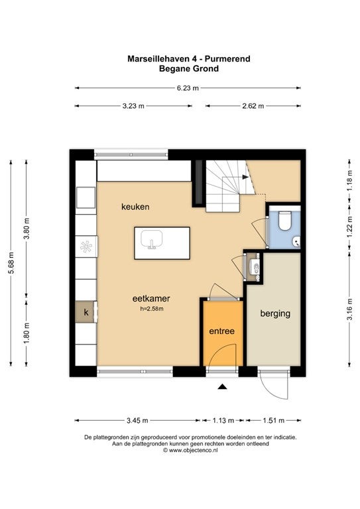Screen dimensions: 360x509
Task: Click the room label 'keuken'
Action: click(x=135, y=207)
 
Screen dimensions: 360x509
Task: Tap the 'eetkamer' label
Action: click(x=151, y=298)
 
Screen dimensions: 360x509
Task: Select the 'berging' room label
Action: click(x=275, y=313)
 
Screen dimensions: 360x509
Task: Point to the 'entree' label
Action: click(x=221, y=331)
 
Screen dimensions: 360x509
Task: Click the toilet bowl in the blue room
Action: click(x=284, y=221)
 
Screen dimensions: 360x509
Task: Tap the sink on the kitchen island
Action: click(x=152, y=239)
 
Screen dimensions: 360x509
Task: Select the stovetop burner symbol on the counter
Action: click(x=86, y=247)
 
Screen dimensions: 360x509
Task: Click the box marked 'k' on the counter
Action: click(x=86, y=312)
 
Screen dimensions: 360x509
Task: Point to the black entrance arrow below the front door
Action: click(x=222, y=386)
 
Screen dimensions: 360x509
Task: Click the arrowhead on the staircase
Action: click(x=245, y=177)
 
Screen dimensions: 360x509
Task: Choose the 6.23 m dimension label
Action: click(x=188, y=88)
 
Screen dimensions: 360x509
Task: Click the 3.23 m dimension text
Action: click(x=133, y=106)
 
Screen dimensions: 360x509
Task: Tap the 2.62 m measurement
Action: click(x=253, y=106)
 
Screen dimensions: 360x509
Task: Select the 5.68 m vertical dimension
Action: click(x=11, y=262)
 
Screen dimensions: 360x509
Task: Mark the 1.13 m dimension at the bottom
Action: click(x=223, y=420)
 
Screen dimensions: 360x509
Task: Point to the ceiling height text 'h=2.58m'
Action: click(x=152, y=309)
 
